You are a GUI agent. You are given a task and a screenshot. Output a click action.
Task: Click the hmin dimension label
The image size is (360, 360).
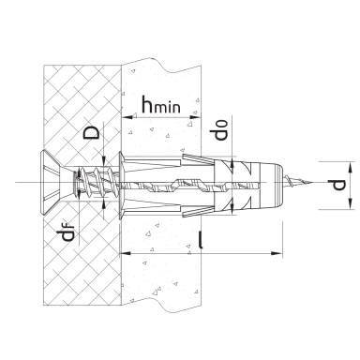point(161,104)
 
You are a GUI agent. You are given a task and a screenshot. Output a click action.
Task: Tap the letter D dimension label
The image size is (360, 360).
point(91,132)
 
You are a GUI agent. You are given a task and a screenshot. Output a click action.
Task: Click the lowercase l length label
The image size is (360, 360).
point(201,239)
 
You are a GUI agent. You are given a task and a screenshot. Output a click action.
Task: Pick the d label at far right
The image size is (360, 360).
point(338,185)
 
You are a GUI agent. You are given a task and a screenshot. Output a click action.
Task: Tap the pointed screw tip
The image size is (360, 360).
point(299,182)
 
